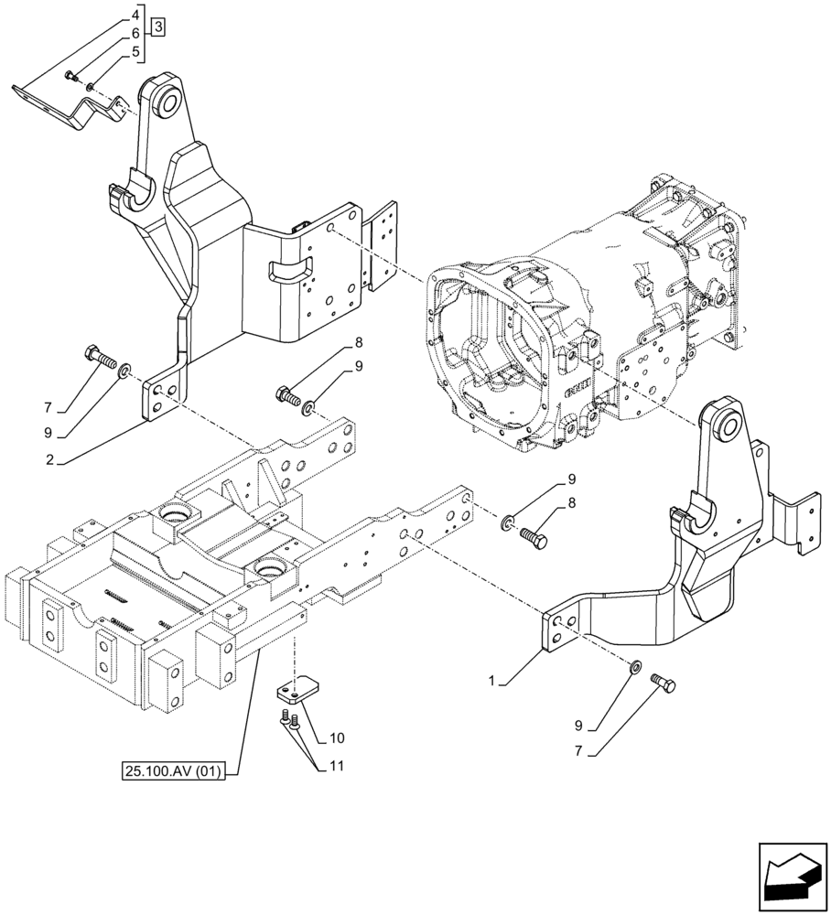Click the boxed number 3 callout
[x=158, y=27]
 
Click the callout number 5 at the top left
[x=135, y=52]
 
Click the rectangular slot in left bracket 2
[x=290, y=270]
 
